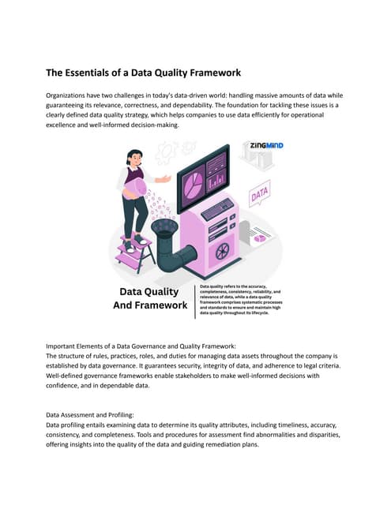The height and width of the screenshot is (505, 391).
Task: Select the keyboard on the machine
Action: click(217, 209)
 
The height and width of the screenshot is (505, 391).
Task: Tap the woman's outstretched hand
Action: click(165, 178)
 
